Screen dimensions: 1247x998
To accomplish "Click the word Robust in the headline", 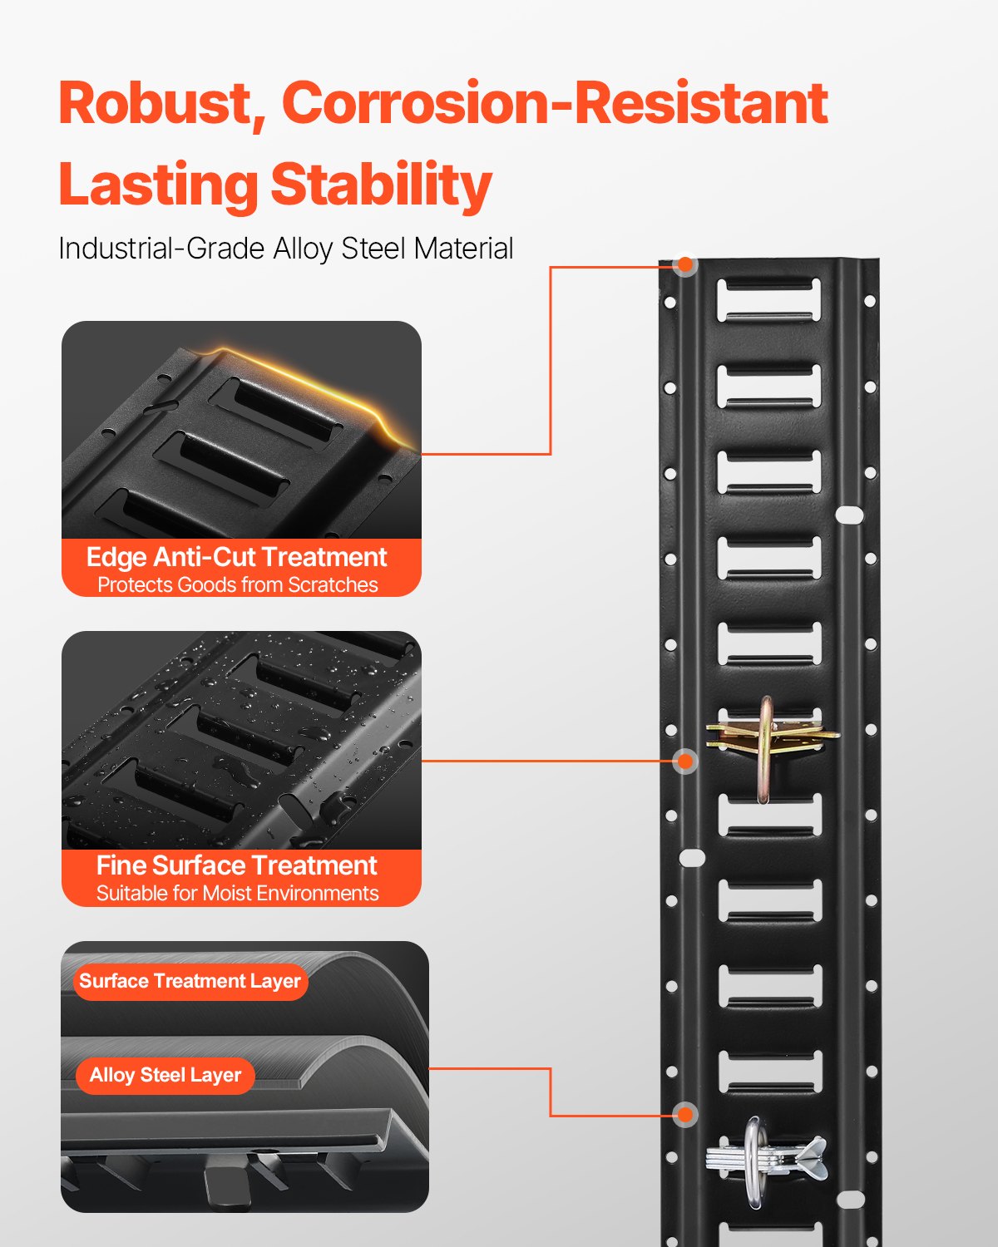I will click(155, 104).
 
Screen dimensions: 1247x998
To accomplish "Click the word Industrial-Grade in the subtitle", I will click(161, 249).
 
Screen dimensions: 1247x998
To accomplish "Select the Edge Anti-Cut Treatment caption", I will click(237, 557).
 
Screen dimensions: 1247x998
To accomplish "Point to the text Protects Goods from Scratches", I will click(237, 585).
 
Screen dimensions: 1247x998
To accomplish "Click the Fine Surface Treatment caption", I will click(237, 865).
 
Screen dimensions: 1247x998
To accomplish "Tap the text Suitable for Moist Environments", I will click(237, 894).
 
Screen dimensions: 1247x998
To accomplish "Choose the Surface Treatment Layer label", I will click(190, 982).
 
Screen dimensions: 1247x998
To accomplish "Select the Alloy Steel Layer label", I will click(165, 1076).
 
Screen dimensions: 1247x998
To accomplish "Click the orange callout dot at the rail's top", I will click(685, 265).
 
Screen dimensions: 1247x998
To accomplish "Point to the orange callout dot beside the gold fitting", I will click(685, 761).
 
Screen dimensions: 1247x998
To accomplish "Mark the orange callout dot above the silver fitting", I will click(685, 1114).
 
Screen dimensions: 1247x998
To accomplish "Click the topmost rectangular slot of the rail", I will click(768, 299).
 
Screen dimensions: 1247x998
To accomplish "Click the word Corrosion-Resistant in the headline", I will click(555, 104).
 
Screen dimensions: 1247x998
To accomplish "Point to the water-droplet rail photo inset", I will click(241, 740).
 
